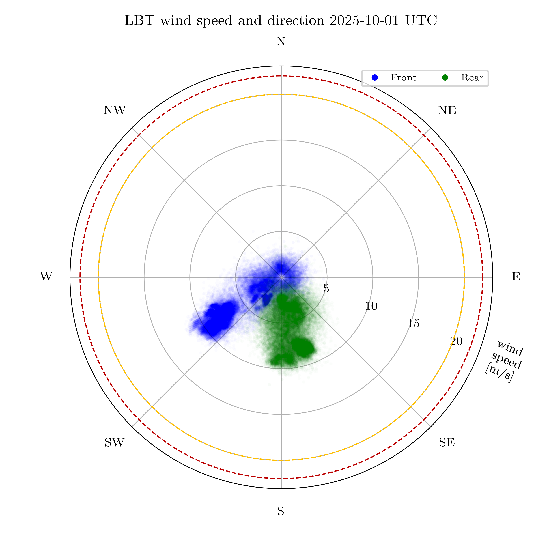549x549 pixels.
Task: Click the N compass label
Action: (x=281, y=42)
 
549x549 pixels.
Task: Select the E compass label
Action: (x=516, y=277)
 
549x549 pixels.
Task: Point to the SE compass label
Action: (x=447, y=442)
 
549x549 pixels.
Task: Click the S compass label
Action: (x=281, y=511)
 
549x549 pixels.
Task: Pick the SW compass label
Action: (x=115, y=442)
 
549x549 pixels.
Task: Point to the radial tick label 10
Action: (x=371, y=306)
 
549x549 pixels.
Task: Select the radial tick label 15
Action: (x=413, y=324)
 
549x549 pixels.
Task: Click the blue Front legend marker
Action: (x=375, y=78)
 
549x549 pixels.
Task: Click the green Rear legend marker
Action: (x=445, y=78)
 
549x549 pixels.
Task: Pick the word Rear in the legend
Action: (x=472, y=78)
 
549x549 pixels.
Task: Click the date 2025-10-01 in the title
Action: (x=365, y=20)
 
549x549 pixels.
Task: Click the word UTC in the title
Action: (x=421, y=20)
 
